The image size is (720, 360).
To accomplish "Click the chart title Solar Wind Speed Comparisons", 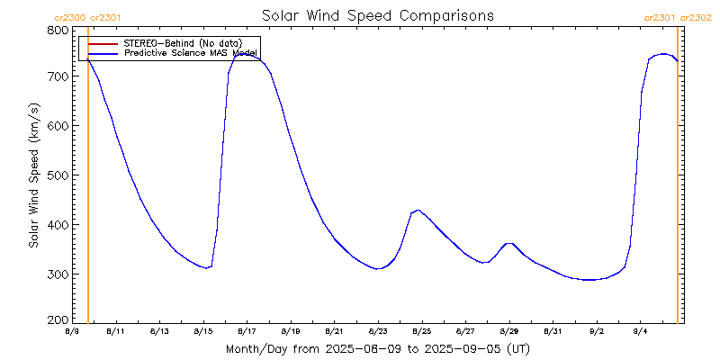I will pyautogui.click(x=377, y=16).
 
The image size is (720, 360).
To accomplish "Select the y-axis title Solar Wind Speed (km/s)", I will pyautogui.click(x=33, y=175).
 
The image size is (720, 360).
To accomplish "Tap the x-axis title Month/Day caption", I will pyautogui.click(x=377, y=348).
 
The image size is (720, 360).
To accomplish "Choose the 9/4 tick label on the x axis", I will pyautogui.click(x=640, y=332).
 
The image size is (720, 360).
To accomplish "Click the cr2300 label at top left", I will pyautogui.click(x=70, y=17).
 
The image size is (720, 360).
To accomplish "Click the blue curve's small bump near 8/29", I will pyautogui.click(x=508, y=243).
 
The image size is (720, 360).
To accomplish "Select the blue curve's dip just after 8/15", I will pyautogui.click(x=207, y=267).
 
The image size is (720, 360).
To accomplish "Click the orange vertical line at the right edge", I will pyautogui.click(x=677, y=180).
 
